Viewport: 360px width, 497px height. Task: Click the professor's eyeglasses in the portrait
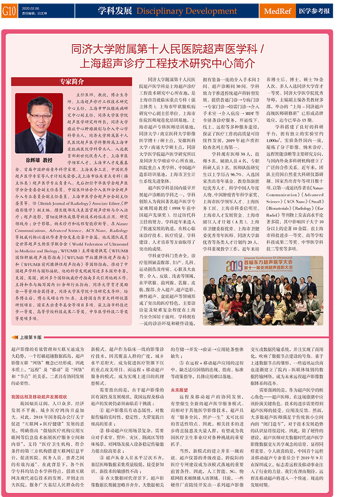tap(39, 116)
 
